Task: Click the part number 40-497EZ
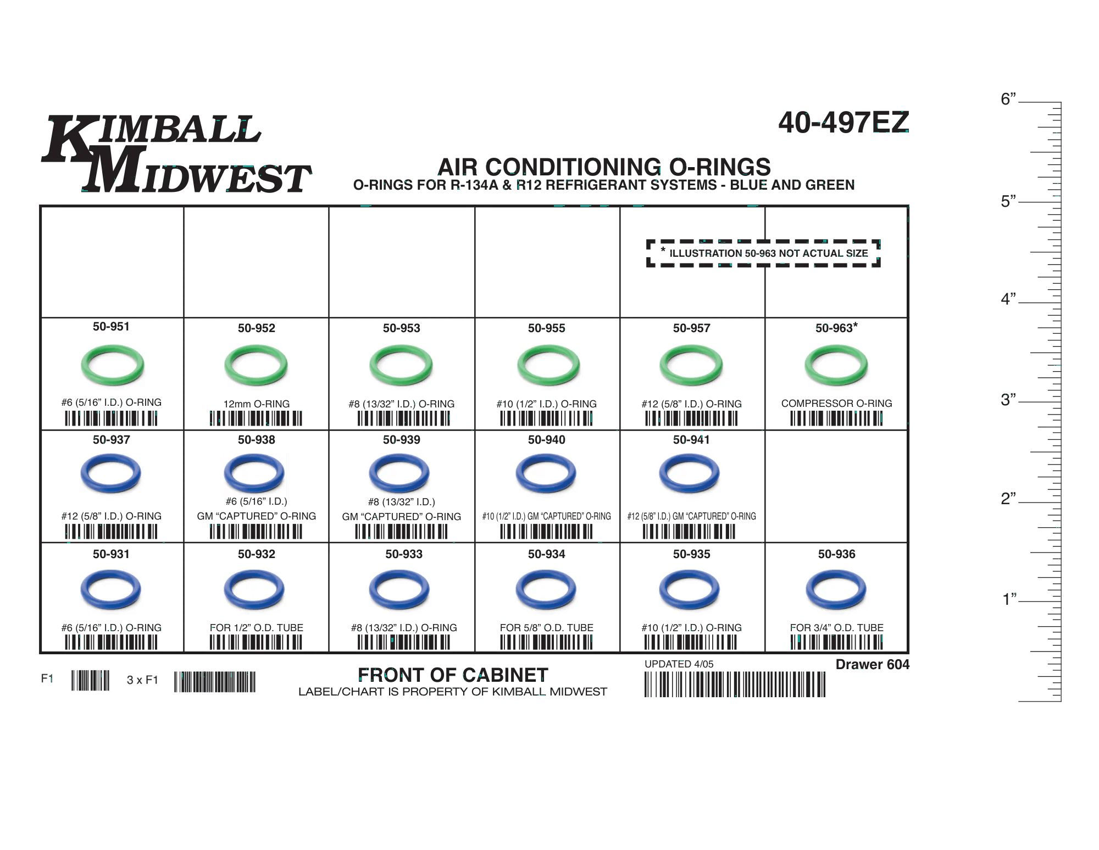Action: coord(843,122)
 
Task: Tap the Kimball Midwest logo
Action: coord(176,155)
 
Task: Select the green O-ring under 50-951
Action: coord(113,367)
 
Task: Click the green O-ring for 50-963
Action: coord(836,367)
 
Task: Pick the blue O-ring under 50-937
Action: coord(112,475)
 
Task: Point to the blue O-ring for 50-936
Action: coord(836,592)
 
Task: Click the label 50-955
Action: coord(546,328)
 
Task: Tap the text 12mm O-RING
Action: coord(256,404)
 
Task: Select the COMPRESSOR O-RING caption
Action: coord(836,403)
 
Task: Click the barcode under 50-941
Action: coord(690,531)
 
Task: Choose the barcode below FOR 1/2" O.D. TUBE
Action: coord(256,642)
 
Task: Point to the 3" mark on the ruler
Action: coord(1008,400)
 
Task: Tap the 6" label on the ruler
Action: coord(1008,100)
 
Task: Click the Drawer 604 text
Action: coord(872,664)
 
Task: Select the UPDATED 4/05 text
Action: coord(679,664)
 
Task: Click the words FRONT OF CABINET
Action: coord(453,675)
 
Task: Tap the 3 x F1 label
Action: coord(142,680)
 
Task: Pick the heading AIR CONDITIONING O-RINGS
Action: coord(604,167)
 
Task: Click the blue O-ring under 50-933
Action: coord(400,592)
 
